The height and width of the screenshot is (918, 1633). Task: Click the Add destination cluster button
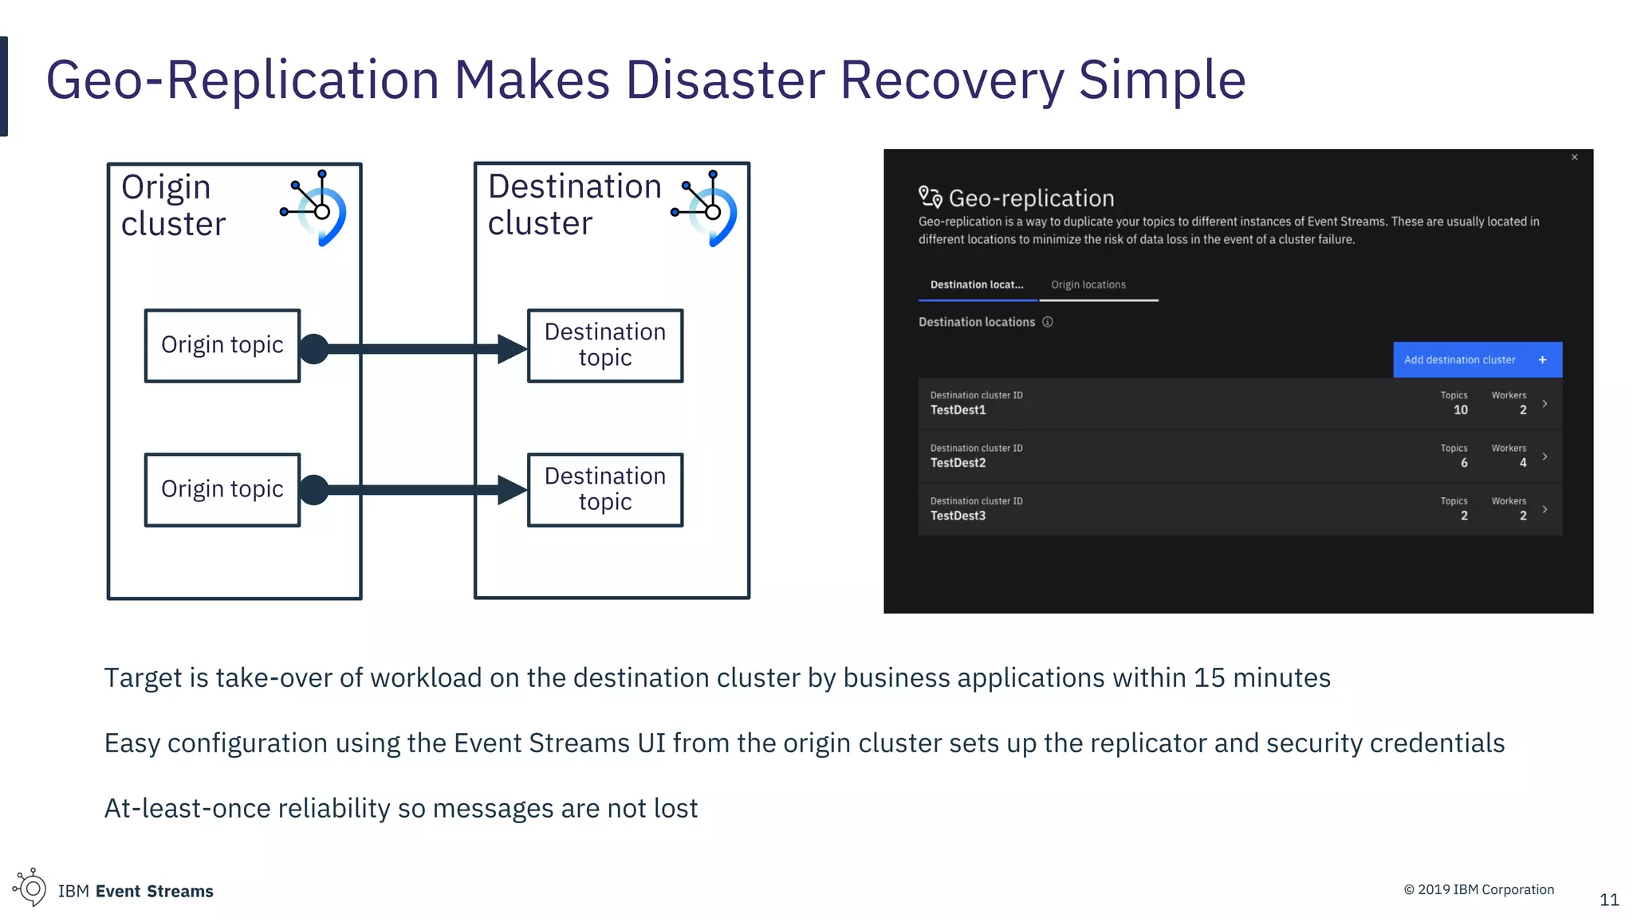coord(1477,359)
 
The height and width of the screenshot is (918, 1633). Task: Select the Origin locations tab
coord(1088,285)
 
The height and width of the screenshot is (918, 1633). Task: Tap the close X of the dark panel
coord(1575,158)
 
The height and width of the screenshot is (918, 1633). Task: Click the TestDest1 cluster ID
coord(958,410)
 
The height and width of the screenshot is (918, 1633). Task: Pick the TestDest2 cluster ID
coord(958,463)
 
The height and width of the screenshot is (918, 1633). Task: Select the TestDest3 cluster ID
coord(958,516)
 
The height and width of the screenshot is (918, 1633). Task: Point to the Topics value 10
coord(1460,410)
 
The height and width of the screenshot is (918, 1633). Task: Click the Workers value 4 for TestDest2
coord(1522,463)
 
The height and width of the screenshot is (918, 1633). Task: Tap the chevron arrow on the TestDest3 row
coord(1544,509)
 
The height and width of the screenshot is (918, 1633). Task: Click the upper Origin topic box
coord(222,346)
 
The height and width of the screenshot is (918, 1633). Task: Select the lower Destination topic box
coord(605,489)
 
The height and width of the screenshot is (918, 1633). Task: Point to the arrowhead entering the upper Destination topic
coord(511,348)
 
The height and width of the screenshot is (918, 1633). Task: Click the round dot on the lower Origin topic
coord(314,490)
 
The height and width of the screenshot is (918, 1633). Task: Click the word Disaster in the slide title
coord(726,80)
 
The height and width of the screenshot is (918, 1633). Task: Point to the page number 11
coord(1609,900)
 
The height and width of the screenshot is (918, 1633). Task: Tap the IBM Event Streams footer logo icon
coord(30,888)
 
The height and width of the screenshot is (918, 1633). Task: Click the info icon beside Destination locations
coord(1048,322)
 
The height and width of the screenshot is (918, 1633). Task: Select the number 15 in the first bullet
coord(1209,678)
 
